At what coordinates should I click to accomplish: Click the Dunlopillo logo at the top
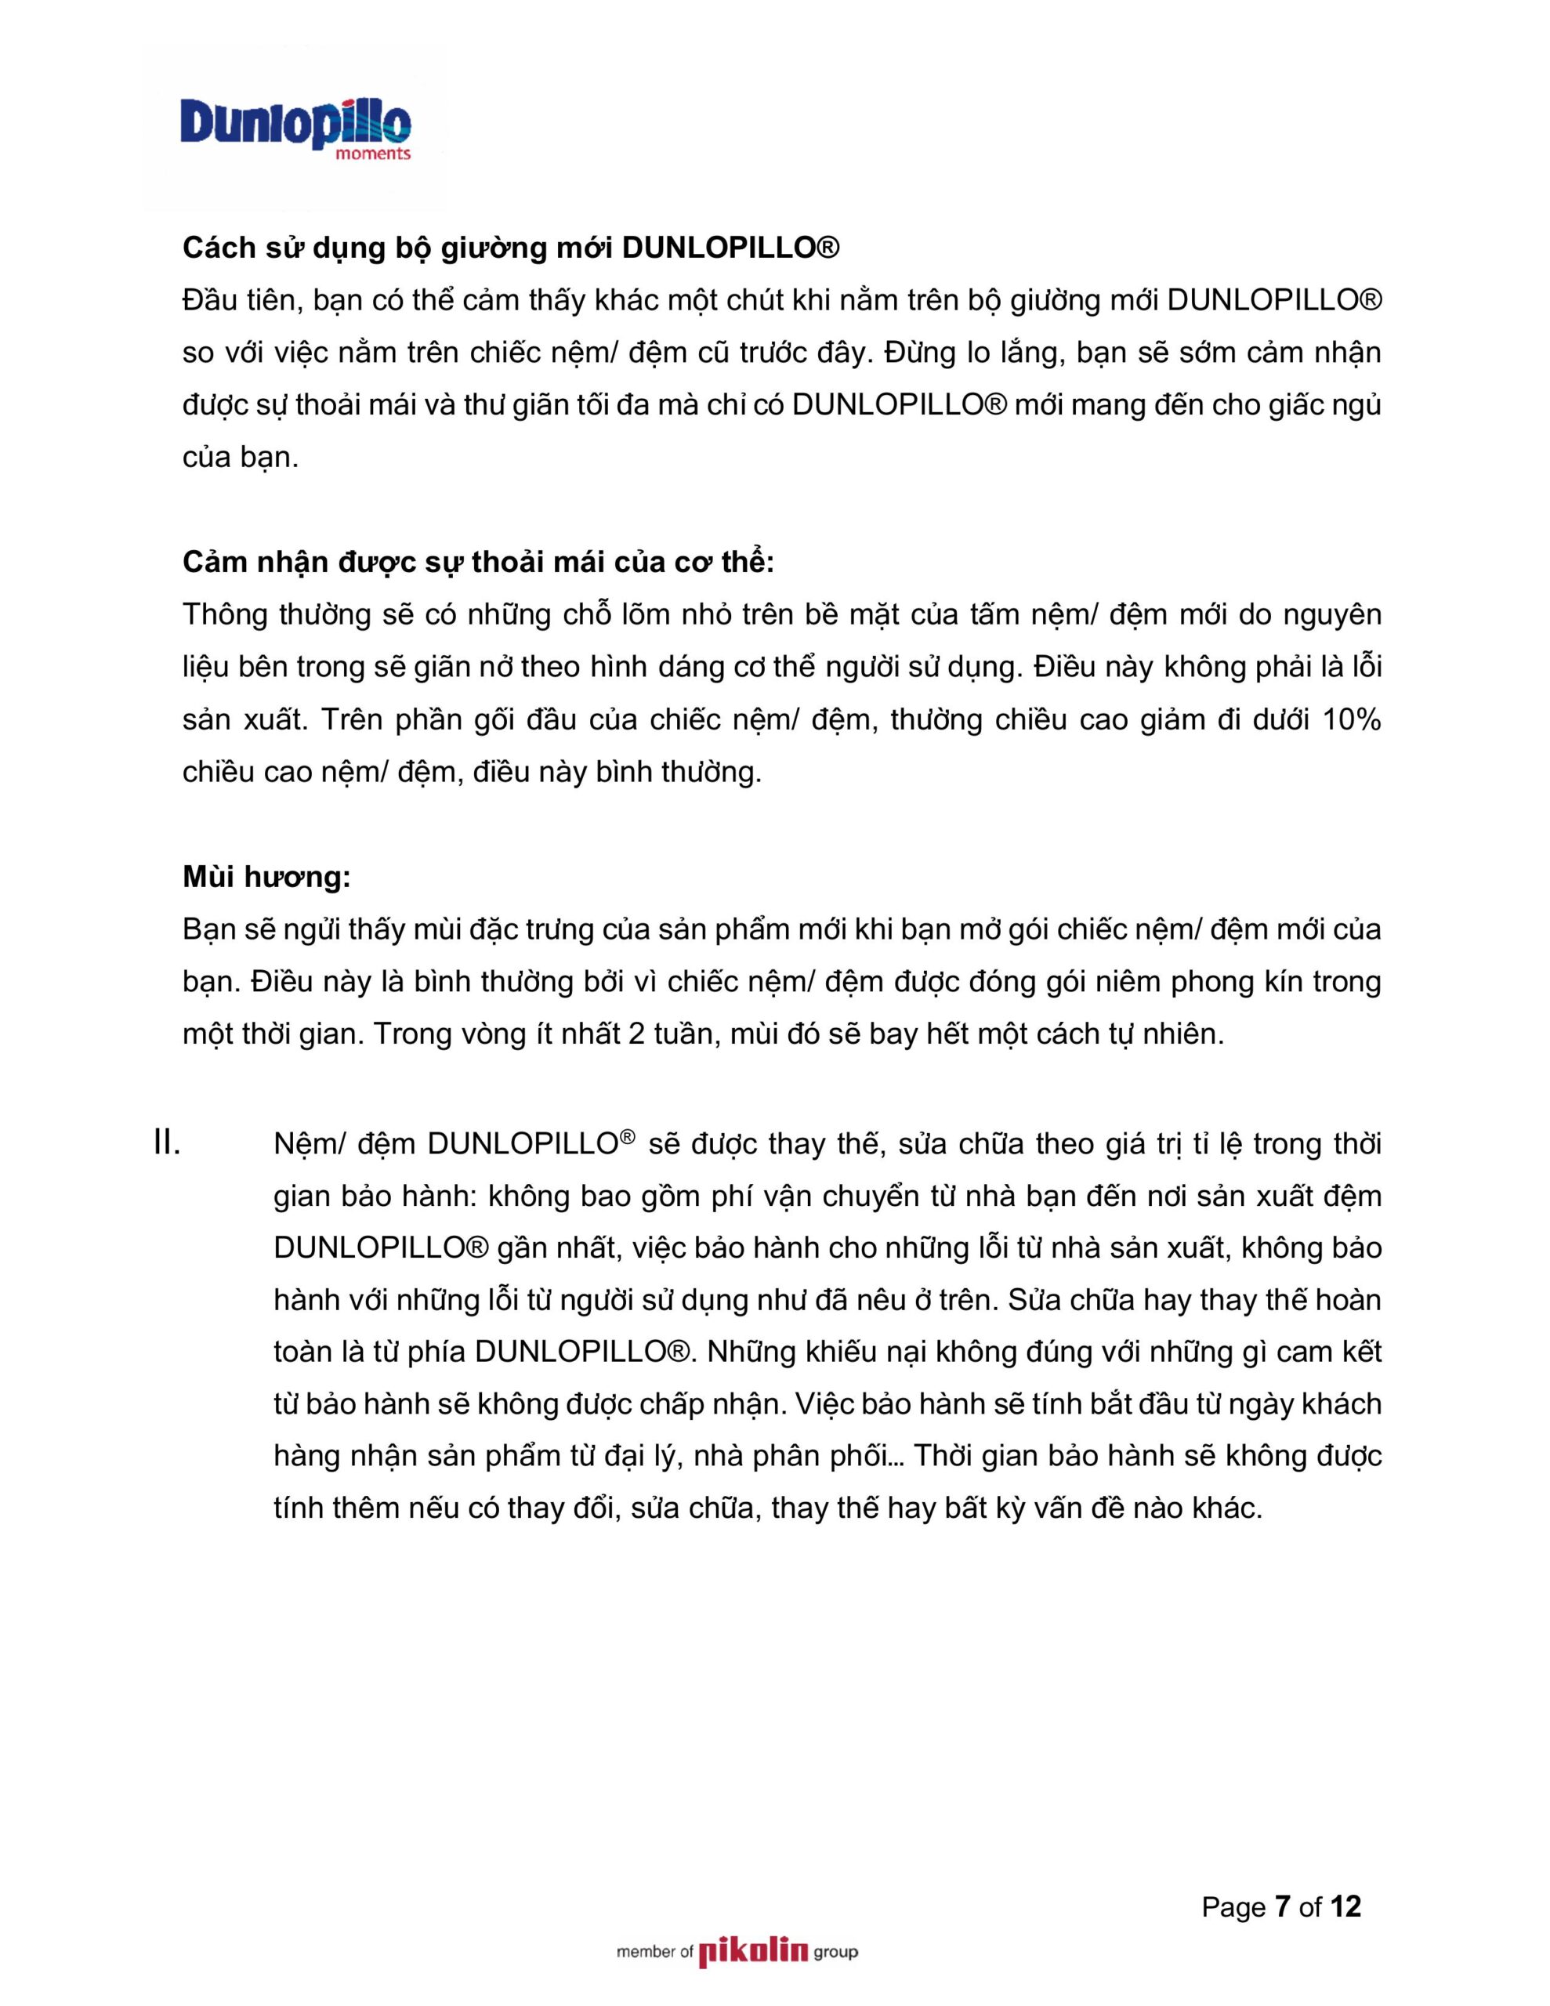pyautogui.click(x=295, y=122)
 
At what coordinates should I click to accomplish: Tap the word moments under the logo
pyautogui.click(x=373, y=154)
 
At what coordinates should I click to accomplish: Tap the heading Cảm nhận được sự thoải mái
pyautogui.click(x=478, y=562)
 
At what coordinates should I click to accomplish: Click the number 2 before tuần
pyautogui.click(x=636, y=1035)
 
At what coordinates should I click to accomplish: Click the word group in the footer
pyautogui.click(x=835, y=1952)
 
